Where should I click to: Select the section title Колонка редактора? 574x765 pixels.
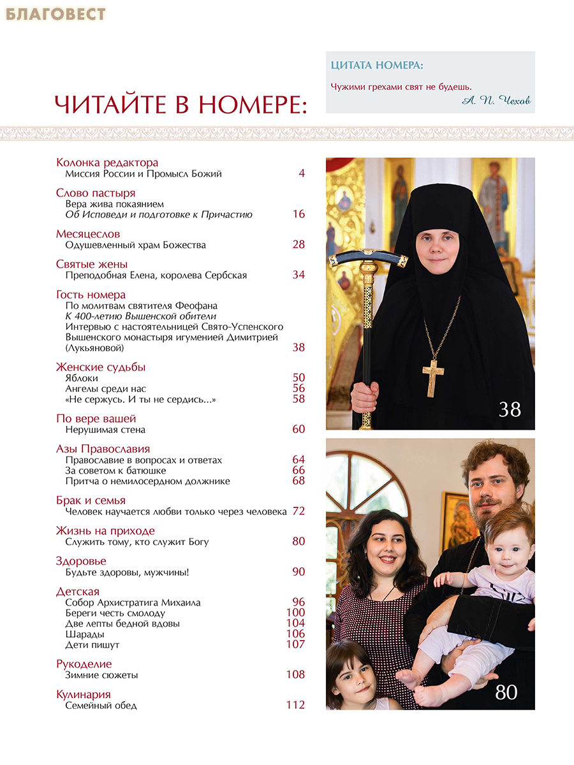[107, 163]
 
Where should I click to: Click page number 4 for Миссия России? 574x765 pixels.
[302, 173]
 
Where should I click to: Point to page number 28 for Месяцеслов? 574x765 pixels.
[298, 245]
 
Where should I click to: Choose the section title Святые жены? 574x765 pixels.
[92, 264]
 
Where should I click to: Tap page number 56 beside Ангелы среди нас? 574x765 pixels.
[298, 388]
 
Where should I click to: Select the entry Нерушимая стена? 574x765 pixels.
[105, 430]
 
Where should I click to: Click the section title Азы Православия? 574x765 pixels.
[103, 449]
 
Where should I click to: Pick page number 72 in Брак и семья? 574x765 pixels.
[298, 511]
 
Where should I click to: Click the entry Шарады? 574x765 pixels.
[85, 634]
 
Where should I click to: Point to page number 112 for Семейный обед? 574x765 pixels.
[295, 706]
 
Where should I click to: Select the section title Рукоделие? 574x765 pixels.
[84, 664]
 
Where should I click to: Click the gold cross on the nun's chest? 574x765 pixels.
[434, 378]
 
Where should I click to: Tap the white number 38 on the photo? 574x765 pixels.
[510, 409]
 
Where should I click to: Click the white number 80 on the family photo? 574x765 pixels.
[506, 692]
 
